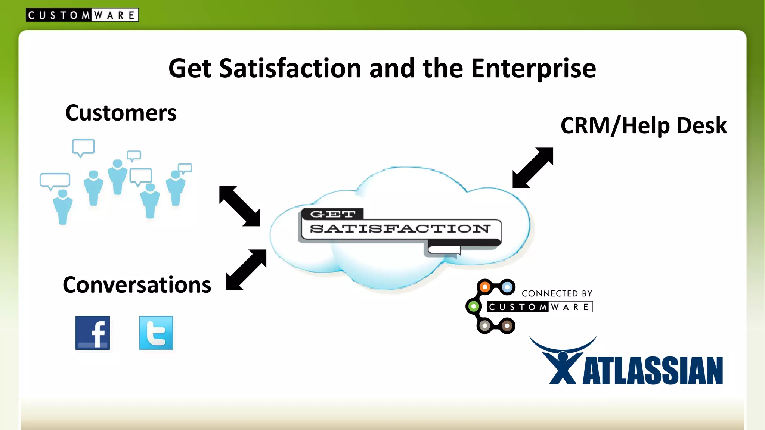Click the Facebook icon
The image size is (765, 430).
click(x=93, y=333)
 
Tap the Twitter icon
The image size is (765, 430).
click(x=156, y=333)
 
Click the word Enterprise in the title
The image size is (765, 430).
click(x=533, y=69)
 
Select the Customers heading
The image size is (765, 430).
click(x=121, y=113)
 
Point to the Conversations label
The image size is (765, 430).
click(x=137, y=285)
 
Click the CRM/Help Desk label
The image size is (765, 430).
click(x=643, y=126)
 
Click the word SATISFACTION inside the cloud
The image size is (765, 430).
click(x=400, y=228)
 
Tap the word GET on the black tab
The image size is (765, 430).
click(x=332, y=214)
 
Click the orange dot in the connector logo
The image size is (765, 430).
click(x=485, y=287)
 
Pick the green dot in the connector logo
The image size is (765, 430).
click(x=473, y=306)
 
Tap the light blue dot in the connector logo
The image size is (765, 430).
click(x=507, y=287)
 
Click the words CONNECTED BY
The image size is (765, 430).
click(x=557, y=294)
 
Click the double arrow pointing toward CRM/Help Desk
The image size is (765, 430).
click(x=533, y=168)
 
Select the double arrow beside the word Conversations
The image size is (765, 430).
click(x=246, y=270)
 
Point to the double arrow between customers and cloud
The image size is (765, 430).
click(x=239, y=206)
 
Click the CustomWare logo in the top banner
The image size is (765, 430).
click(x=82, y=15)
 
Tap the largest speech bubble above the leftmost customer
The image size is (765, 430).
click(x=55, y=180)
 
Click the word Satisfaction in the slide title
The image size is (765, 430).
click(x=290, y=69)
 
